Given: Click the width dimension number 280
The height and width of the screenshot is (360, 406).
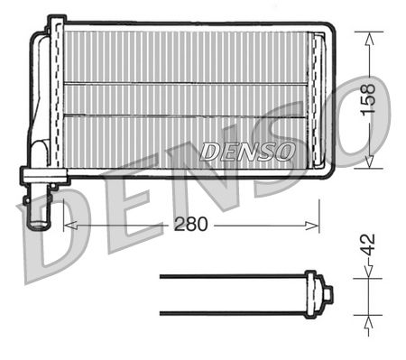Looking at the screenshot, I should pos(190,225).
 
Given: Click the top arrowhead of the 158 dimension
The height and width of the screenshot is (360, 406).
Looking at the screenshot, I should pos(368,36).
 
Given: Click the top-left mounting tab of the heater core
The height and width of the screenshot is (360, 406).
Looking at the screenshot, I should pos(55,21).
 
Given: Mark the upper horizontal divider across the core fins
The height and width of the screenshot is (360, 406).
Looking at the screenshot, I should pos(185,84).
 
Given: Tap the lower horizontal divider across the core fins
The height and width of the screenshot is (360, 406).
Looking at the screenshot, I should pos(185,115).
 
